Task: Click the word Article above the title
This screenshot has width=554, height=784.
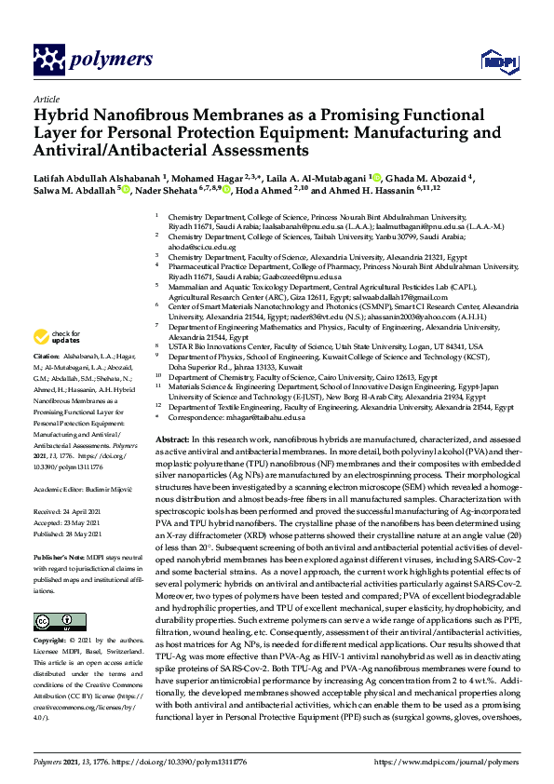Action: click(47, 97)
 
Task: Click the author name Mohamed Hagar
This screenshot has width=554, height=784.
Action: click(214, 176)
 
